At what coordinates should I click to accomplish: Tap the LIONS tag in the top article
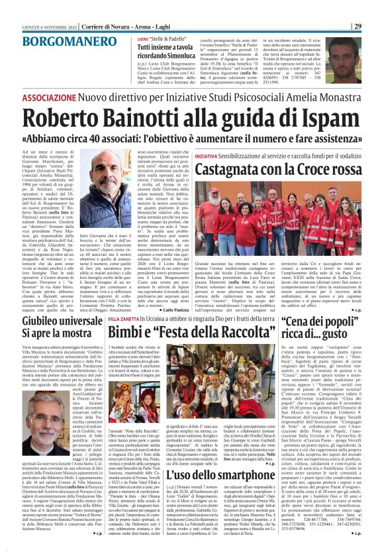143,39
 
